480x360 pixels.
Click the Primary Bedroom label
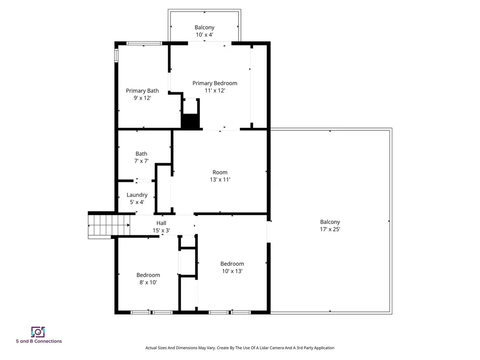(215, 83)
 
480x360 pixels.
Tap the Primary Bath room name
(142, 90)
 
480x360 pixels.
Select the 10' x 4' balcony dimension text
(204, 35)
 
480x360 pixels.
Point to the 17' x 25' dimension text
(330, 229)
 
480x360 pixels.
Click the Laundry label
(137, 195)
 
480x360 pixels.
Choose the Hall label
(161, 223)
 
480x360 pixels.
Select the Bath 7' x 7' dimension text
(141, 161)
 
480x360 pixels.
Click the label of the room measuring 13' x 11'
(219, 172)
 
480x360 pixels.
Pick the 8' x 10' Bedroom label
(148, 275)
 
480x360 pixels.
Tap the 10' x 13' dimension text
(232, 271)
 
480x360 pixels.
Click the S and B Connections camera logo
(38, 332)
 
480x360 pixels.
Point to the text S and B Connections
(38, 341)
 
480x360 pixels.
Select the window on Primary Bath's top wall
(144, 43)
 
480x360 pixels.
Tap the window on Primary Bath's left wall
(116, 55)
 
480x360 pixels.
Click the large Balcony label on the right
(330, 222)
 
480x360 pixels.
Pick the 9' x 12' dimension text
(142, 98)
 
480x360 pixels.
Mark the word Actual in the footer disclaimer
(152, 348)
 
